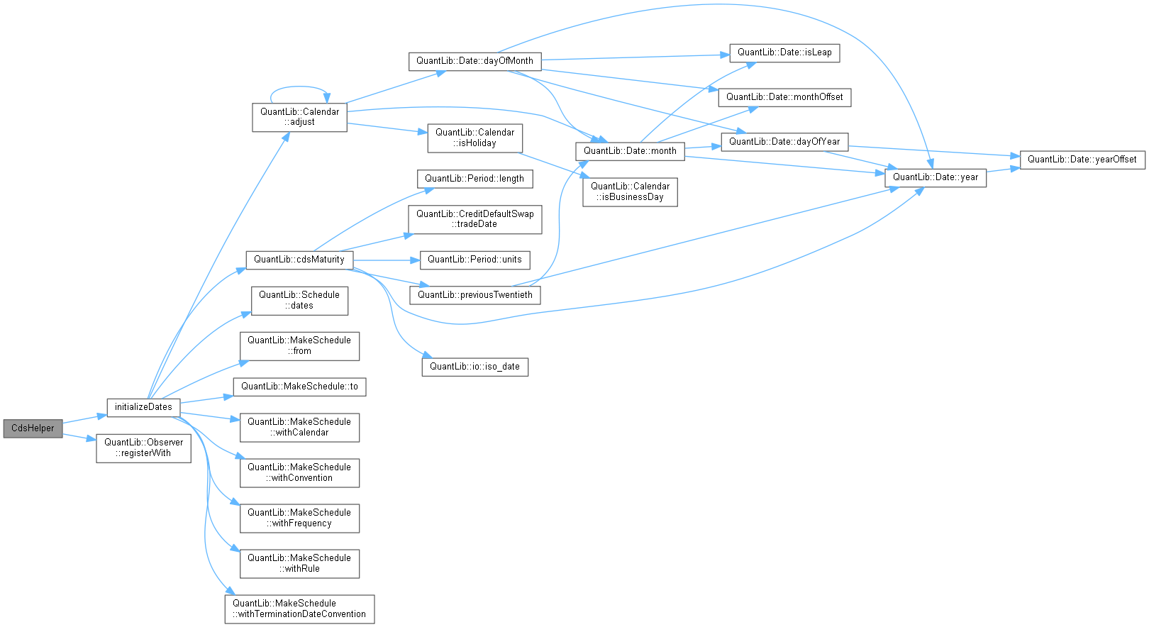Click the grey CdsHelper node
pos(33,428)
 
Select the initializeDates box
pos(143,407)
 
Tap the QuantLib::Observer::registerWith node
pos(143,448)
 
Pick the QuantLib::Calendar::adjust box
pos(299,117)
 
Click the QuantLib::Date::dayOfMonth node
pos(474,61)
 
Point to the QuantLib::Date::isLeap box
pos(784,52)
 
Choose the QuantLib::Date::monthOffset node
pos(784,97)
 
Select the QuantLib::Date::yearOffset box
pos(1082,160)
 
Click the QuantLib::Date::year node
pos(935,177)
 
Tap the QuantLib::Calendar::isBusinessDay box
pos(630,192)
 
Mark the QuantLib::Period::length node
pos(474,179)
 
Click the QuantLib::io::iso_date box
pos(474,367)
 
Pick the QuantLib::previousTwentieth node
pos(474,295)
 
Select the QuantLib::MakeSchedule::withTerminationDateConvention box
pos(299,609)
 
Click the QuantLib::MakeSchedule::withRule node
pos(299,563)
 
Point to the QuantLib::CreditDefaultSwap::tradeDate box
pos(474,219)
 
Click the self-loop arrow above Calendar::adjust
pos(298,87)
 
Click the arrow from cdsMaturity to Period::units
pos(386,260)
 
